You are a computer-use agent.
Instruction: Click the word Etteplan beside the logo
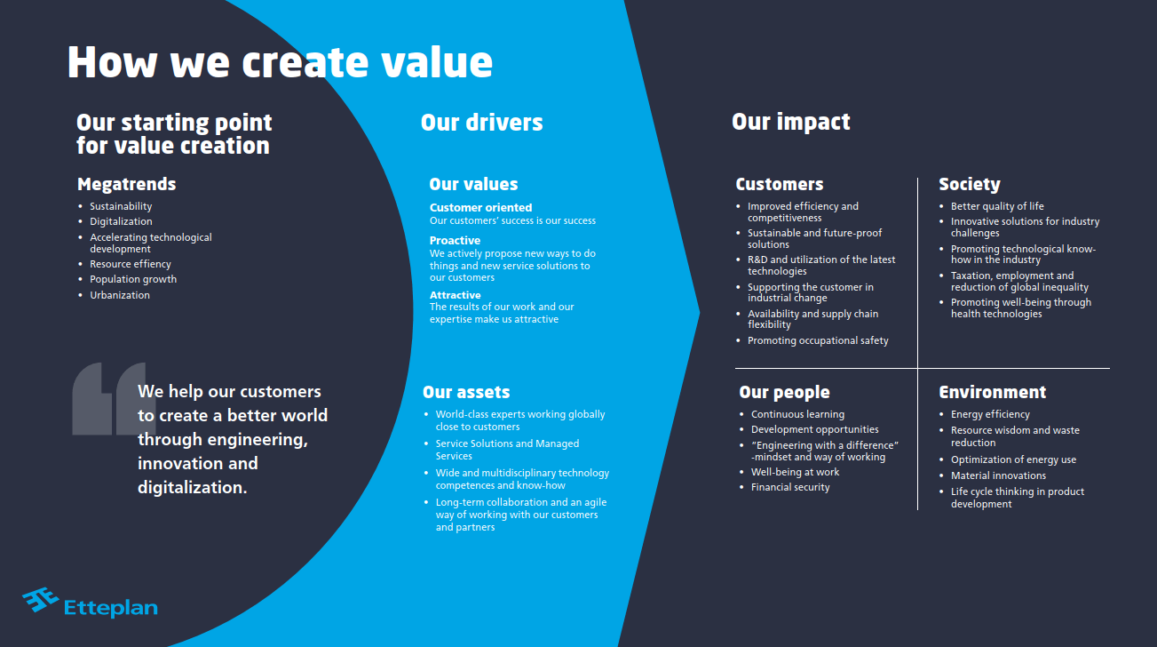[x=111, y=608]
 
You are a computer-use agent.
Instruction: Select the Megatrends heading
[x=126, y=184]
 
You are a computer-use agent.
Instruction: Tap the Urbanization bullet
[x=120, y=295]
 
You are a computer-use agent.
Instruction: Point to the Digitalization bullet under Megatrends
[x=121, y=221]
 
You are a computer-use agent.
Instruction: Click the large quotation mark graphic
[x=107, y=398]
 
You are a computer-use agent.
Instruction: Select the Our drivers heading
[x=481, y=122]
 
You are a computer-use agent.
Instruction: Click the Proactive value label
[x=455, y=241]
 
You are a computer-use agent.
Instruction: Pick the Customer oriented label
[x=480, y=208]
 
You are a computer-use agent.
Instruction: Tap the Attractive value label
[x=455, y=295]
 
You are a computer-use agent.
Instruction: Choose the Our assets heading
[x=466, y=392]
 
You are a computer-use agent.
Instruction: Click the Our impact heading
[x=790, y=122]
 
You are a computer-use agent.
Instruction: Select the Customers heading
[x=779, y=184]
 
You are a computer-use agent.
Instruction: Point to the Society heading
[x=969, y=184]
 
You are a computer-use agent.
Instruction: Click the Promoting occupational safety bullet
[x=818, y=340]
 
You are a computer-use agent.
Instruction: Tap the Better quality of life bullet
[x=997, y=206]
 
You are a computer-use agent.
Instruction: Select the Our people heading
[x=784, y=392]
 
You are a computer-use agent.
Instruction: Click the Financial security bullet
[x=790, y=487]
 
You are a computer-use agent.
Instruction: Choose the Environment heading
[x=992, y=392]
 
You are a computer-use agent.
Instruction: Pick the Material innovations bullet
[x=998, y=475]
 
